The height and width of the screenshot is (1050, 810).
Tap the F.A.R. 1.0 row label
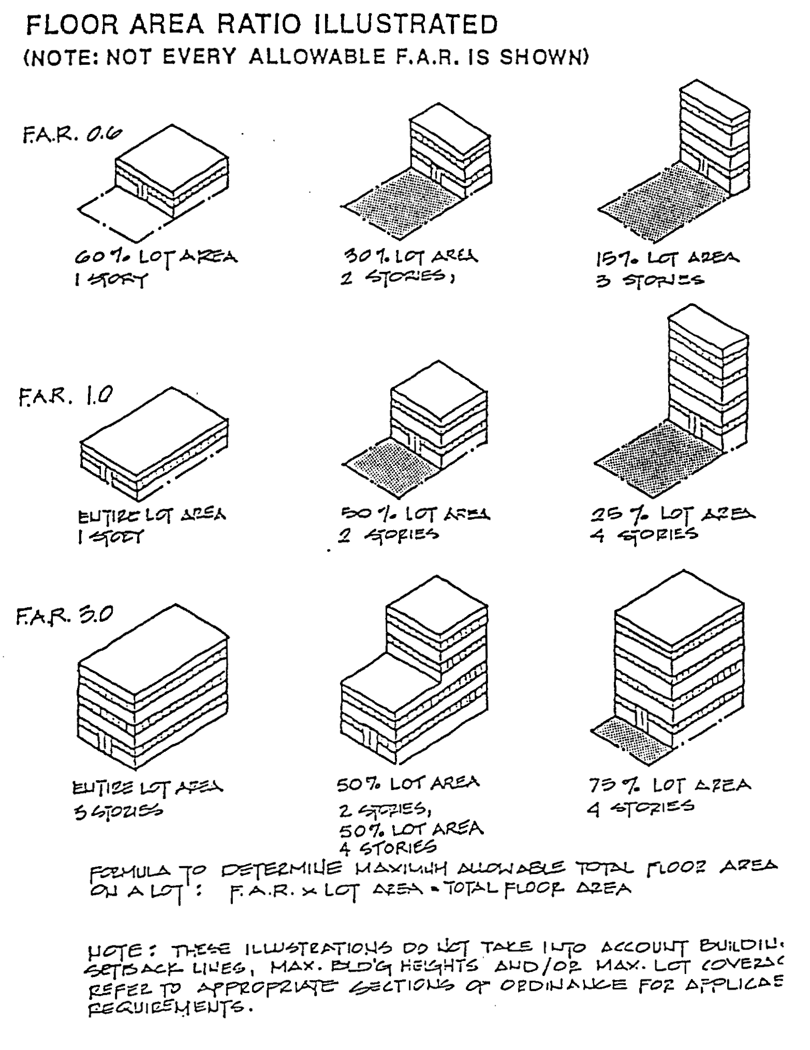64,399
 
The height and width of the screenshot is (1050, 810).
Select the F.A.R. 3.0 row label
62,617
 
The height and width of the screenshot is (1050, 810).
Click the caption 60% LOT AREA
156,257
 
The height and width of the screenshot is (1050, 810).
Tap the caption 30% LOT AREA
411,257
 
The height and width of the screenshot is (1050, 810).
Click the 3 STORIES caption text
650,281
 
